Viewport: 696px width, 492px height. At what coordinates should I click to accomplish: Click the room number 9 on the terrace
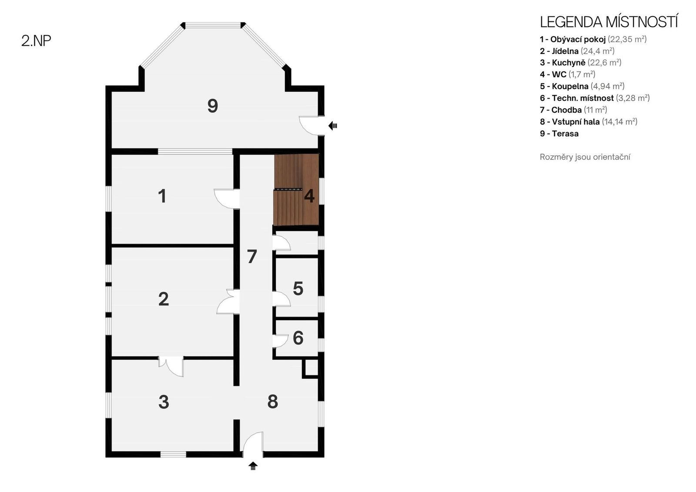tap(213, 106)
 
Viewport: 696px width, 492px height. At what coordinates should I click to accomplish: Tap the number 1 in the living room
tap(162, 196)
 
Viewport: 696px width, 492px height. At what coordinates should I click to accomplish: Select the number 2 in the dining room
tap(164, 299)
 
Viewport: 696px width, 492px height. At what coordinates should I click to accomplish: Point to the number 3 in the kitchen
tap(164, 402)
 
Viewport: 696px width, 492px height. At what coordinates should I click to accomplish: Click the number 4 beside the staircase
tap(309, 196)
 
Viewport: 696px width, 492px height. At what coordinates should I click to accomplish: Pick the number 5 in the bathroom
tap(298, 288)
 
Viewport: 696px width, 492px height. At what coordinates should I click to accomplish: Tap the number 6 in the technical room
tap(298, 338)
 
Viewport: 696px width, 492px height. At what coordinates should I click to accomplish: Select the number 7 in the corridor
tap(252, 256)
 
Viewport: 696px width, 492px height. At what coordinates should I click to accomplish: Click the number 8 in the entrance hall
tap(272, 402)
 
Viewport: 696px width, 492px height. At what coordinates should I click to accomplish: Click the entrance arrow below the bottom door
tap(253, 466)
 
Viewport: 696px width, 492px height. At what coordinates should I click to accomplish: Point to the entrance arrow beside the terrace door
tap(333, 126)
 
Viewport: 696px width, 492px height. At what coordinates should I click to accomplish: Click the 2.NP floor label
tap(36, 41)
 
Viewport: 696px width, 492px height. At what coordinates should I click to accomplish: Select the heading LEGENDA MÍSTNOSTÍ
tap(609, 22)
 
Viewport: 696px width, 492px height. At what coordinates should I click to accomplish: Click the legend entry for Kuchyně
tap(580, 63)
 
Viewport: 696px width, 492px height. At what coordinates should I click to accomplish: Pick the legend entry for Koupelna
tap(582, 86)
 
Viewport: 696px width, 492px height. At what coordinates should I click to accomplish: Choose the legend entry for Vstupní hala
tap(589, 121)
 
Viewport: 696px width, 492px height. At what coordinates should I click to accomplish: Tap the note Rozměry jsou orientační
tap(585, 157)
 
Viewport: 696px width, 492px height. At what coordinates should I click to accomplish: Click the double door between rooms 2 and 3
tap(171, 366)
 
